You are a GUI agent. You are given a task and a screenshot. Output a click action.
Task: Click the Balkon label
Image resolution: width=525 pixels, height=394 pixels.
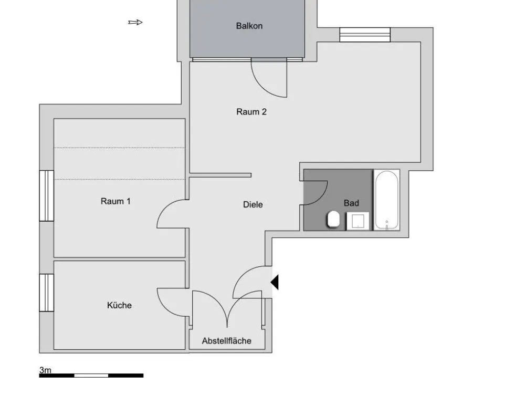(x=249, y=26)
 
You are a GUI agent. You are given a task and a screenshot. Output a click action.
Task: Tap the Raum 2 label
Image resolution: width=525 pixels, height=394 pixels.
(x=251, y=112)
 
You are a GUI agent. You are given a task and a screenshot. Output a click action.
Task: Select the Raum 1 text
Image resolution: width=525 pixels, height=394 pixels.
(x=115, y=201)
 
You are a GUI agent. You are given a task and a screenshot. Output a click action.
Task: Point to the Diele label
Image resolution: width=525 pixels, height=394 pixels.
(x=253, y=205)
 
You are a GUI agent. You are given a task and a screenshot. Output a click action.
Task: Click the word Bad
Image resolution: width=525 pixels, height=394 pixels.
(x=351, y=203)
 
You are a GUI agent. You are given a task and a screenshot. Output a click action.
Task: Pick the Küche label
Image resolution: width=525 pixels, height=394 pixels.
(x=119, y=305)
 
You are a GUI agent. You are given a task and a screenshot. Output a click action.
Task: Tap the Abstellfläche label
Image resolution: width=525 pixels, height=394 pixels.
(x=227, y=341)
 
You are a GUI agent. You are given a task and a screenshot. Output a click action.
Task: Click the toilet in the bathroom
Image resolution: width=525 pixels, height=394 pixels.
(x=333, y=219)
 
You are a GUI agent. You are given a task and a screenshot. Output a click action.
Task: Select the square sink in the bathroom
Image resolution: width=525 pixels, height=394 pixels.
(x=358, y=221)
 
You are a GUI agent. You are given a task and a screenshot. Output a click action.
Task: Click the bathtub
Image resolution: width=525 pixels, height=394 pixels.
(x=387, y=200)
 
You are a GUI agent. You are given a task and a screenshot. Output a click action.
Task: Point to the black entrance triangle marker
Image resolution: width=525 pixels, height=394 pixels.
(x=275, y=282)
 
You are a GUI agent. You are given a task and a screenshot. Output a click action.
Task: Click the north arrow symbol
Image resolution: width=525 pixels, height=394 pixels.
(x=135, y=23)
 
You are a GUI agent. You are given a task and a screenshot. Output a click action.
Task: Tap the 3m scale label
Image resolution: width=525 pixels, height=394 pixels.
(x=45, y=370)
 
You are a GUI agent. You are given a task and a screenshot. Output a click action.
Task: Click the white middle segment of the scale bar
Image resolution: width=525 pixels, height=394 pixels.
(x=91, y=376)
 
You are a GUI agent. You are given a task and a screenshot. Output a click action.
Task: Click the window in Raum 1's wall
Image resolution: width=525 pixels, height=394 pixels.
(x=47, y=195)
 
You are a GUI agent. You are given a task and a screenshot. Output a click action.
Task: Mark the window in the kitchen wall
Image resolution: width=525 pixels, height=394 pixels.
(x=47, y=293)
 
